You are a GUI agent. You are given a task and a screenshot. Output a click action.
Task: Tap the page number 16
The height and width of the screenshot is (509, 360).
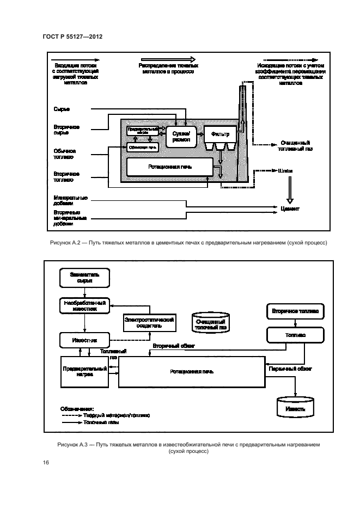point(45,462)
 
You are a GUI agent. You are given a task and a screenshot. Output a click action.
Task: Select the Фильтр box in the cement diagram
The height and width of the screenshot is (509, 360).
point(216,132)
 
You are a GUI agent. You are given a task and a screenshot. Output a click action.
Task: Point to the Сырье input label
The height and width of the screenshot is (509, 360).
point(62,109)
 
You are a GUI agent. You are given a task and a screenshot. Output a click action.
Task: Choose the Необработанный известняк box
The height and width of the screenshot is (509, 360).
point(84,305)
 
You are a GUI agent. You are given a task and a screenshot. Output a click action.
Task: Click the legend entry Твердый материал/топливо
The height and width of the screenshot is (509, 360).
point(115,415)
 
